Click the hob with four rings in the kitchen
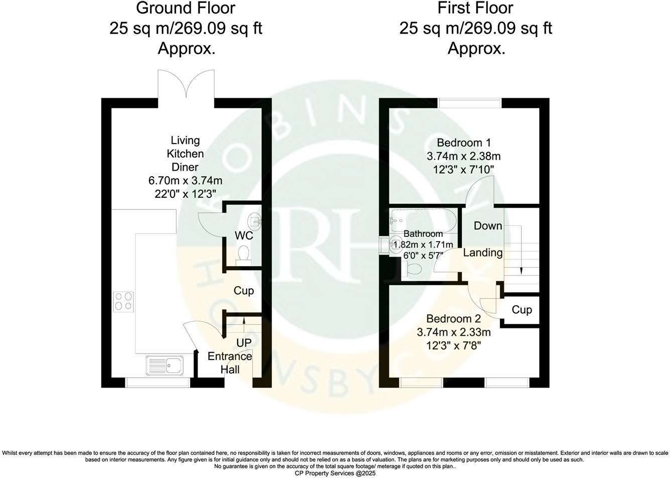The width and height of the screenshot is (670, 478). coord(123,301)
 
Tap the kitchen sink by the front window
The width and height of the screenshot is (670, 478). coord(165,365)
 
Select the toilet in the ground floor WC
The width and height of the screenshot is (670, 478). coord(244,254)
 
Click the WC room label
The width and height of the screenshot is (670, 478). coord(244,235)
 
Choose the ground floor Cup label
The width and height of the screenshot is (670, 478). coord(244,291)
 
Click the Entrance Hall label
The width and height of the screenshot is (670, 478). coord(230,363)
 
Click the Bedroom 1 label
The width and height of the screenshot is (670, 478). coord(464,143)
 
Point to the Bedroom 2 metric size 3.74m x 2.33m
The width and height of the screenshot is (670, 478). coord(453,332)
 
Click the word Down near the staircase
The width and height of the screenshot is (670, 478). coord(488,226)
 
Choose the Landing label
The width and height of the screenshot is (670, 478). coord(482,253)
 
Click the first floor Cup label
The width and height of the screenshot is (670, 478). coord(522,310)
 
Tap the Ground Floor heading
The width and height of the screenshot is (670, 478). coord(186,8)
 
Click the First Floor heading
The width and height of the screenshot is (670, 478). coord(475,8)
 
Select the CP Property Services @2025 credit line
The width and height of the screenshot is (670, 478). coord(334,473)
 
